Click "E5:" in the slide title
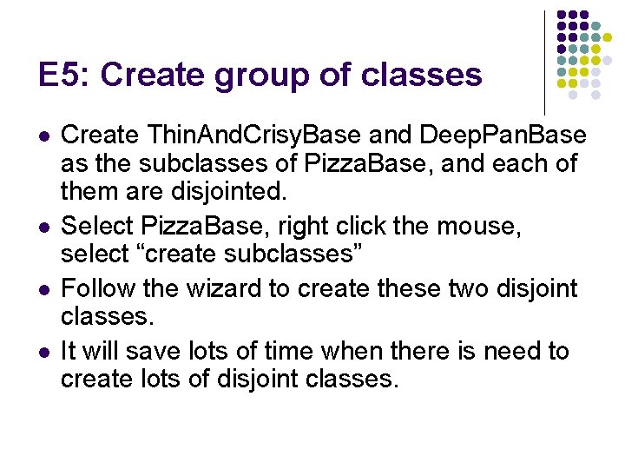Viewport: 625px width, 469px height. [x=62, y=75]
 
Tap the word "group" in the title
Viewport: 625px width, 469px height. [x=250, y=76]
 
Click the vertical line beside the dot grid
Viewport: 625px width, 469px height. [x=545, y=61]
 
